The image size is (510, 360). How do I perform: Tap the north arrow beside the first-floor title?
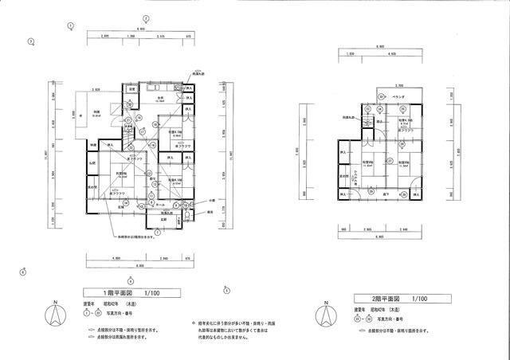[54, 314]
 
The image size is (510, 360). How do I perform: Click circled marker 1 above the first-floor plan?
[70, 25]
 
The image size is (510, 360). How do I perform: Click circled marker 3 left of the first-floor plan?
[30, 41]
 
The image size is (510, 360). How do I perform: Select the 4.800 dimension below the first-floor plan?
[116, 258]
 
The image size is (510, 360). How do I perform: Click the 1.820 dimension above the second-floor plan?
[351, 54]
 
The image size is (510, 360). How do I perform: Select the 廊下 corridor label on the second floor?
[385, 193]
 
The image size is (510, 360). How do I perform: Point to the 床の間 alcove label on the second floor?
[344, 176]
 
